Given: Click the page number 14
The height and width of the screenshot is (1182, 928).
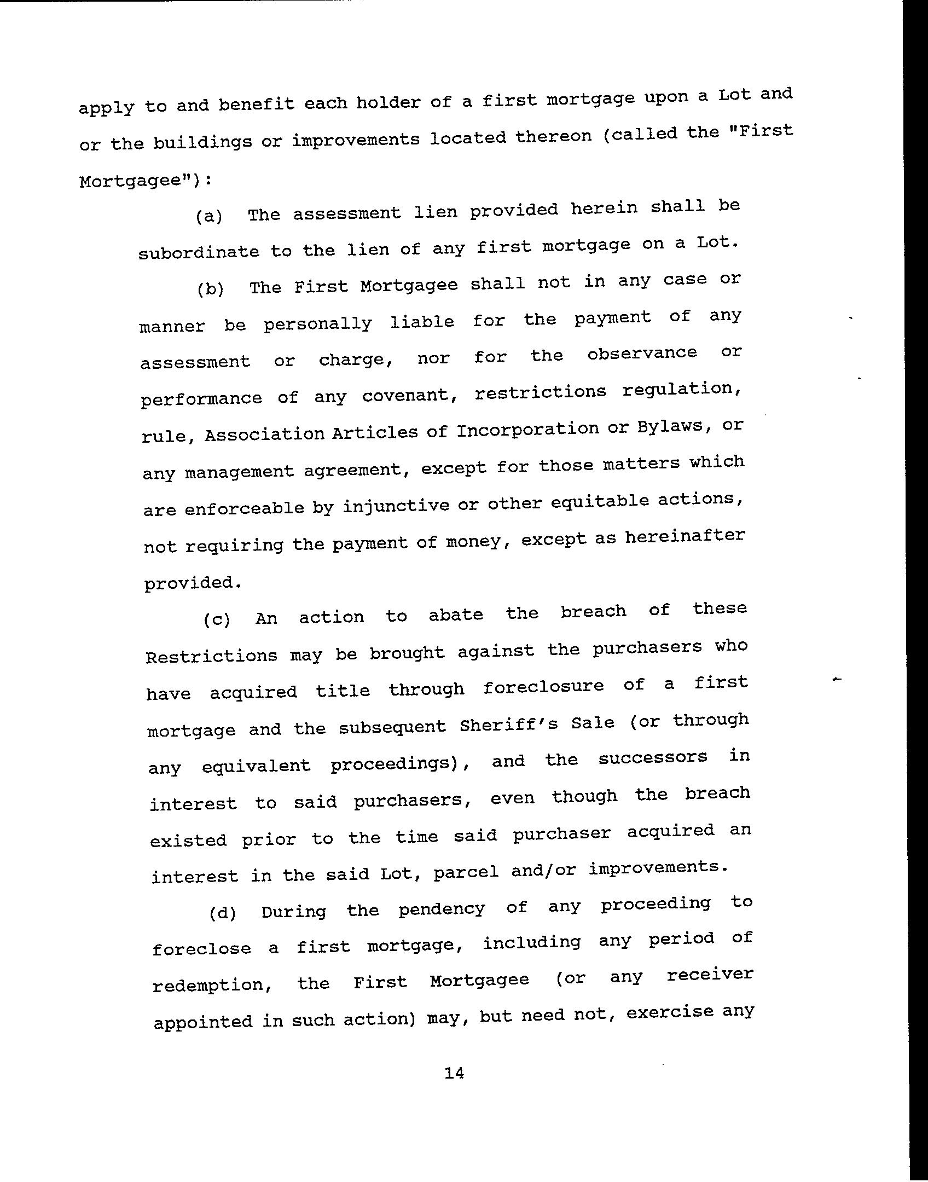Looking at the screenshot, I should pyautogui.click(x=454, y=1074).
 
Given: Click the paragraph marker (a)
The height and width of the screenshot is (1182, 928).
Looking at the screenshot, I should pyautogui.click(x=209, y=216).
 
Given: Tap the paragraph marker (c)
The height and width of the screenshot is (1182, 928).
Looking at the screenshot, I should pyautogui.click(x=217, y=620).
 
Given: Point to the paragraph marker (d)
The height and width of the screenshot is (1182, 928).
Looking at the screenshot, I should pyautogui.click(x=222, y=913).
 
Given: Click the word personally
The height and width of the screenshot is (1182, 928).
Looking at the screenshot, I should pyautogui.click(x=317, y=324).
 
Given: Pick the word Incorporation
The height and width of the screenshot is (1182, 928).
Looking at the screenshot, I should pyautogui.click(x=527, y=430).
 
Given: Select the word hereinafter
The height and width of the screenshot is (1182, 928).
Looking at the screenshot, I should pyautogui.click(x=685, y=536).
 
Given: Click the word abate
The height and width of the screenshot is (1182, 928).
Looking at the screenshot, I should pyautogui.click(x=455, y=615).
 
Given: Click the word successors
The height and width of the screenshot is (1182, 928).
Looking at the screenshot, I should pyautogui.click(x=653, y=758).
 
